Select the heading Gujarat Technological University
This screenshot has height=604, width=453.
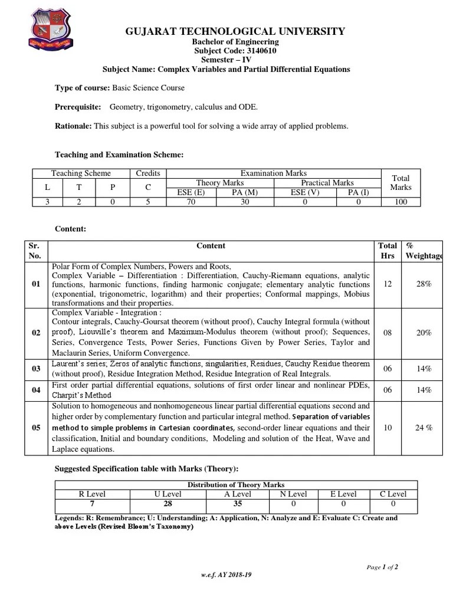point(226,31)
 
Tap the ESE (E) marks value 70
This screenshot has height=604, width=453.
point(191,202)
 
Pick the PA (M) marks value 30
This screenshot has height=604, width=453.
point(245,202)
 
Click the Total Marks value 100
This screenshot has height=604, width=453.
point(401,202)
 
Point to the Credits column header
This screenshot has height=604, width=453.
point(148,173)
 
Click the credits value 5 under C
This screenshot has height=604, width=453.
point(148,202)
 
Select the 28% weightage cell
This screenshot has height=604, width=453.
point(424,284)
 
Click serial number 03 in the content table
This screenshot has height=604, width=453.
point(36,369)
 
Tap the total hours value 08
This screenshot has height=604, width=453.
point(388,333)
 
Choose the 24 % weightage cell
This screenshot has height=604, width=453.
point(424,428)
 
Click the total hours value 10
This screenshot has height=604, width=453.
point(388,428)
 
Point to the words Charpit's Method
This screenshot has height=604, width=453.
point(81,395)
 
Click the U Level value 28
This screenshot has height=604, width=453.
point(168,504)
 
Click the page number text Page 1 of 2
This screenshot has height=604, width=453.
point(382,567)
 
